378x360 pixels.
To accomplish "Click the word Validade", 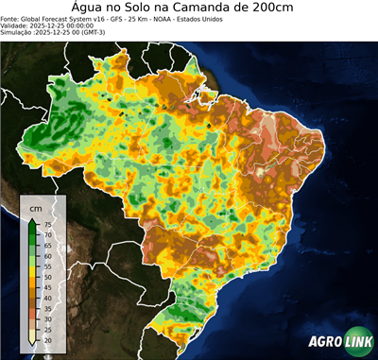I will [17, 26].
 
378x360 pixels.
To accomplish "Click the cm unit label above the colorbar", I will [36, 207].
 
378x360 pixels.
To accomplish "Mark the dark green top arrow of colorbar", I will [33, 220].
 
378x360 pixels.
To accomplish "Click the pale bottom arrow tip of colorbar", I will [33, 343].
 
